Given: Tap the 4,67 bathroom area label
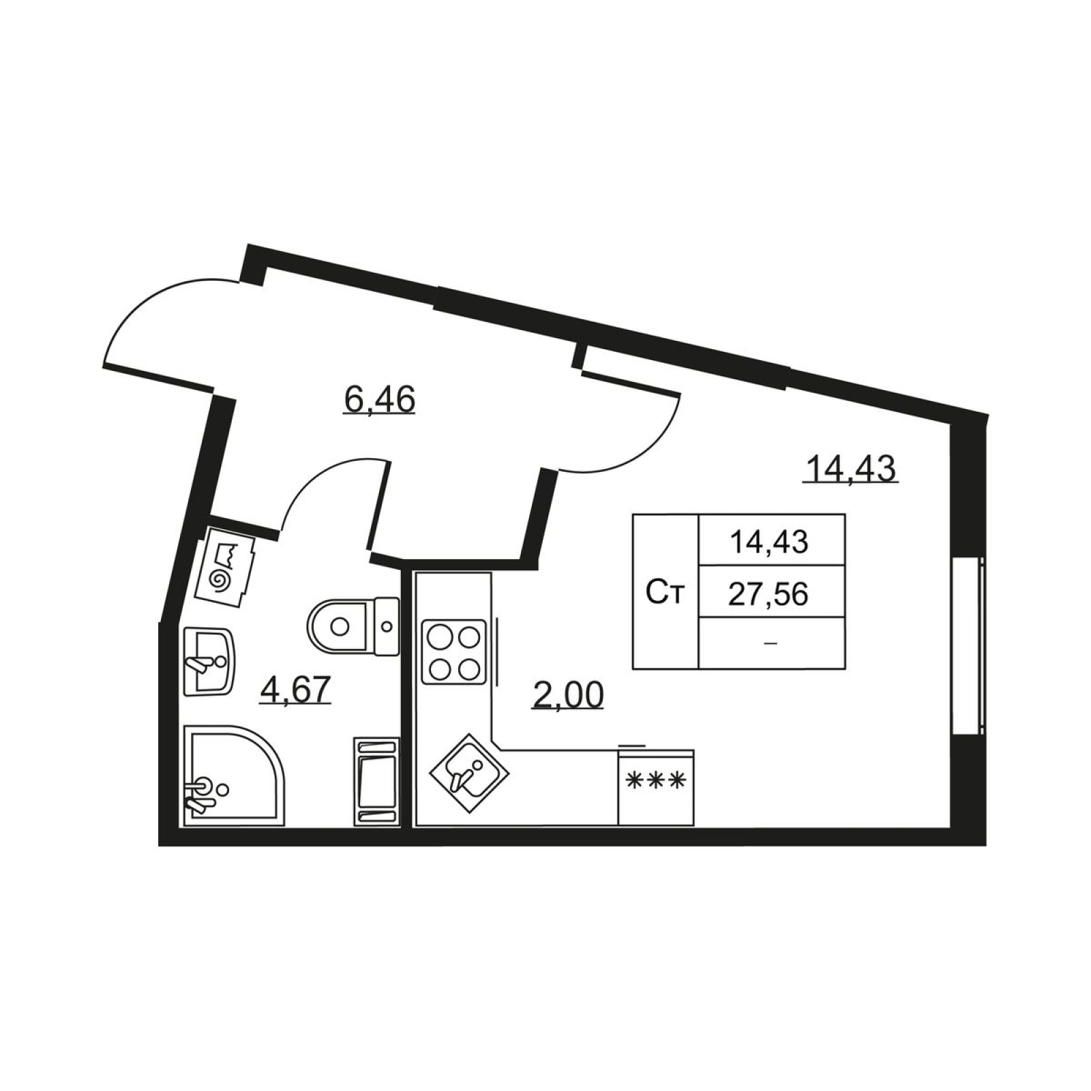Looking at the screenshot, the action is click(295, 689).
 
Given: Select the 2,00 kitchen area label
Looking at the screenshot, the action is click(567, 696).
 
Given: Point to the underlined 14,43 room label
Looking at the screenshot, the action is click(850, 469).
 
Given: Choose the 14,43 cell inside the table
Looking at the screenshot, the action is click(768, 542).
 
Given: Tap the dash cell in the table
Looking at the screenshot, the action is click(771, 643).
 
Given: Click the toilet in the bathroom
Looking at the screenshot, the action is click(353, 626).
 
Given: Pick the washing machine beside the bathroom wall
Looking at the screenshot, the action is click(376, 781).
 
